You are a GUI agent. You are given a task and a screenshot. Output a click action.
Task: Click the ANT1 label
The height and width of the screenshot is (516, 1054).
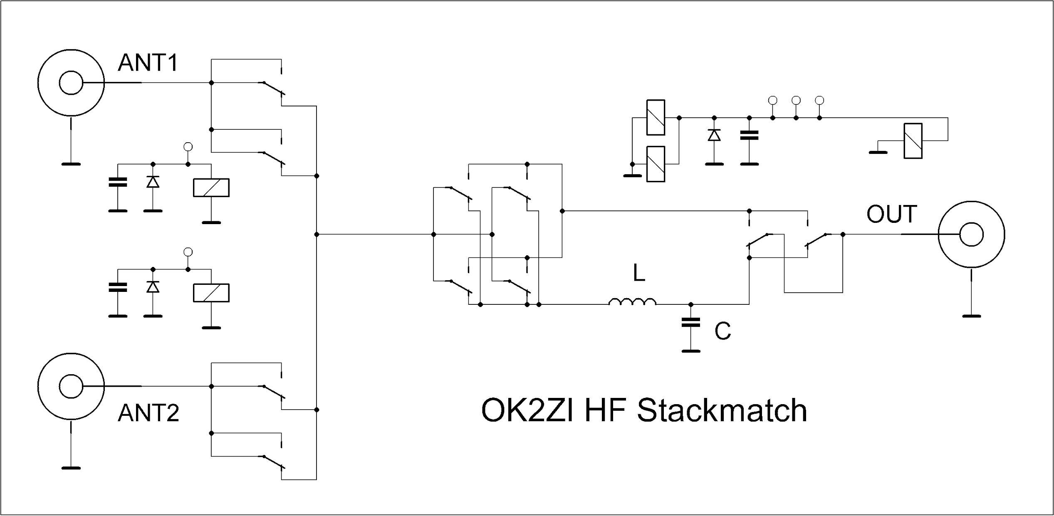point(148,63)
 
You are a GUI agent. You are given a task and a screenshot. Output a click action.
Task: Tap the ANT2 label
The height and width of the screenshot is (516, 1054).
point(148,413)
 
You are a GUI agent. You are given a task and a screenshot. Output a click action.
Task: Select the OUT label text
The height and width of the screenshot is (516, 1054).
point(892,214)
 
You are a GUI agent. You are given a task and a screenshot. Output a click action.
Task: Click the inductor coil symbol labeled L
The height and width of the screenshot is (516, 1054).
point(633,302)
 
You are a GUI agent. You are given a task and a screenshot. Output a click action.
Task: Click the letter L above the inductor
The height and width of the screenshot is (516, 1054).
point(639,273)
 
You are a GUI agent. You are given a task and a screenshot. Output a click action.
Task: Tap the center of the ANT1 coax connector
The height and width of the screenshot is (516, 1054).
point(71,83)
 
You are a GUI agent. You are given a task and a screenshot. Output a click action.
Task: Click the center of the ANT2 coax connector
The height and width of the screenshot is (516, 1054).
point(71,386)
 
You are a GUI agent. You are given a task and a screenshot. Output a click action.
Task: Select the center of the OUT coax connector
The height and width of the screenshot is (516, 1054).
point(971,235)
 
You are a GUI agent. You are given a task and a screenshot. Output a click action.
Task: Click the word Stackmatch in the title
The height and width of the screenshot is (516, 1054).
point(722,411)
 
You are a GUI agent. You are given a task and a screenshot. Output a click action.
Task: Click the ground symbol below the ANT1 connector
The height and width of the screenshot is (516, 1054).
point(71,164)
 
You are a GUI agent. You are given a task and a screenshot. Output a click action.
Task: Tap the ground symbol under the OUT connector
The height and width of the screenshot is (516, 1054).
point(971,316)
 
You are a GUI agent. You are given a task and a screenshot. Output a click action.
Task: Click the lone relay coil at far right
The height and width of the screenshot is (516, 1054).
point(913,141)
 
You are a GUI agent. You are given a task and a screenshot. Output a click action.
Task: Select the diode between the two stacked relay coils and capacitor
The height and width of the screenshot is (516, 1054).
point(714,135)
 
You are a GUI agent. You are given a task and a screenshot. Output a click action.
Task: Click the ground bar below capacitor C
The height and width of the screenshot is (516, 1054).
point(691,351)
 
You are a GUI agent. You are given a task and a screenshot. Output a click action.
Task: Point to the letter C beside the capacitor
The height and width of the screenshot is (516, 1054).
point(722,331)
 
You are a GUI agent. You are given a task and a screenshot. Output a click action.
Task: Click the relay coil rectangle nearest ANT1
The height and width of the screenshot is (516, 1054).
point(211,188)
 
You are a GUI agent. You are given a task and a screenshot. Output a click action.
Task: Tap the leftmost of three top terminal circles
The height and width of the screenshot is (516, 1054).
point(772,100)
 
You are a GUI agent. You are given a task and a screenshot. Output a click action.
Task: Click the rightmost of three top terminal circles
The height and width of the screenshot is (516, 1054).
point(819,100)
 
